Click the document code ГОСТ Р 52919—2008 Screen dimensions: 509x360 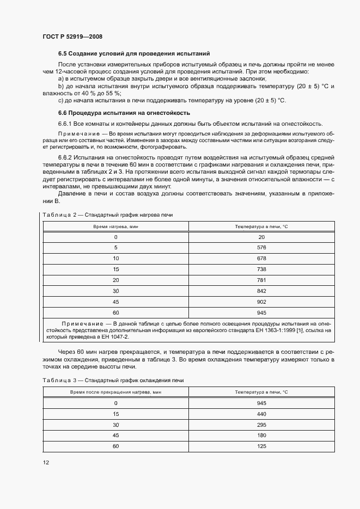72,36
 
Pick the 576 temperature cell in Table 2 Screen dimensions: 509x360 261,248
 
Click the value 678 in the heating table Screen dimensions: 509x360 261,258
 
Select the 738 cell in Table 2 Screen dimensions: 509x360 261,269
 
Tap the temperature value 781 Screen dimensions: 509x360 261,280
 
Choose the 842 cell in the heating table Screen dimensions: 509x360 261,291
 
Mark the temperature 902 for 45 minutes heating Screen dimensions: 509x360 261,302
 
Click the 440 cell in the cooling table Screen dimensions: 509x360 261,414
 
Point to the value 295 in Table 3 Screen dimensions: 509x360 261,425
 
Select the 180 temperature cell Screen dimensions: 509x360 261,436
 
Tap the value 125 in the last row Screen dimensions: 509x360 261,446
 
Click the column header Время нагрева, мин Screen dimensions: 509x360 115,226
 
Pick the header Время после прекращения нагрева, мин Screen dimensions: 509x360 115,392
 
